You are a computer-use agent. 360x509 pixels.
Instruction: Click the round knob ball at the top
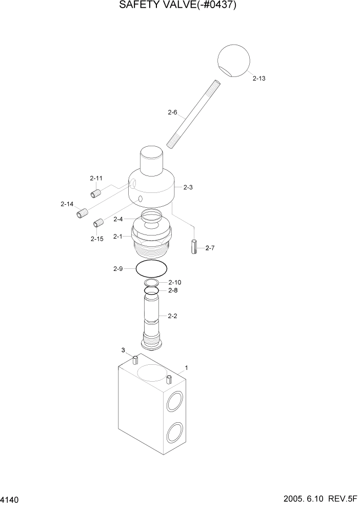233,60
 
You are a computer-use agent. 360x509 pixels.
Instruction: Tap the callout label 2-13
259,79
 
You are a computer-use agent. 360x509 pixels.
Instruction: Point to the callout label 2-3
187,187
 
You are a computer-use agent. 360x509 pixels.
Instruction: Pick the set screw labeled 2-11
95,193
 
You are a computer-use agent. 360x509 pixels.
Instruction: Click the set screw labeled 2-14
82,213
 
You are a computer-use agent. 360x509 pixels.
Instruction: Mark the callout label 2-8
173,290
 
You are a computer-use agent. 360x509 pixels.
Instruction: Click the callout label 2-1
118,237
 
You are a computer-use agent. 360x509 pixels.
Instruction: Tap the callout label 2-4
118,219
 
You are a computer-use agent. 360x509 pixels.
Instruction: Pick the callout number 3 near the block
123,350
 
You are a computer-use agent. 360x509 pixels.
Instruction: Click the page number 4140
11,499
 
